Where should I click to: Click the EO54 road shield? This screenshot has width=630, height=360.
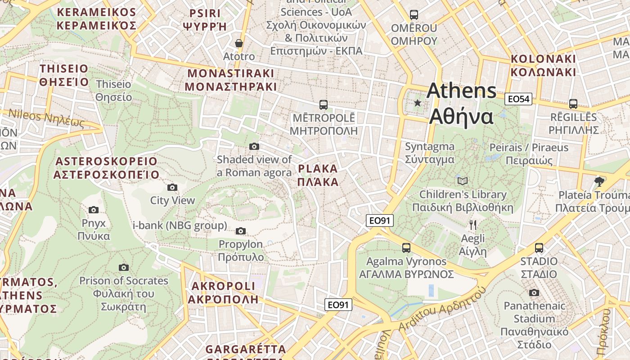(x=518, y=99)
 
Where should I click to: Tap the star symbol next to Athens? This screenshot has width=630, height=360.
(x=418, y=103)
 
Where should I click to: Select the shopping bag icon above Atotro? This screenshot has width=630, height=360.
(x=239, y=43)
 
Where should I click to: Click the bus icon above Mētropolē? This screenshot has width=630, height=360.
(x=323, y=105)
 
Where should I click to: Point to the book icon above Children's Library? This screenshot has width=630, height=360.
(x=462, y=181)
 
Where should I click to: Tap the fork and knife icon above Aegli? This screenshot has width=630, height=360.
(x=472, y=225)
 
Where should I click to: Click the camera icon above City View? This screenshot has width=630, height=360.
(x=172, y=187)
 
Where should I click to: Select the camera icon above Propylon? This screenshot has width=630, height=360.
(x=241, y=231)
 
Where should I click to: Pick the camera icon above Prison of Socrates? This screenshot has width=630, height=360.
(x=124, y=267)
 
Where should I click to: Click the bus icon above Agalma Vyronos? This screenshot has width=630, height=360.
(x=406, y=248)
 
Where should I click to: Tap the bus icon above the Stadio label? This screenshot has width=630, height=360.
(x=539, y=248)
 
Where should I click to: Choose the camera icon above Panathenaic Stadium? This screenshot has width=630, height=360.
(x=534, y=293)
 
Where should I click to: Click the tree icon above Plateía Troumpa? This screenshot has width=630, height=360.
(x=598, y=181)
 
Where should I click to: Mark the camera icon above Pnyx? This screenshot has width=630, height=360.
(x=94, y=210)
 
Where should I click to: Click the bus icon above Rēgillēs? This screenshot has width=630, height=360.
(x=573, y=104)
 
